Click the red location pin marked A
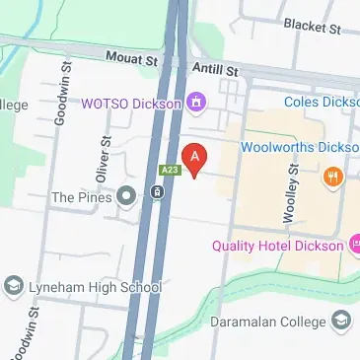(195, 158)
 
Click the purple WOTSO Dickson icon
(196, 102)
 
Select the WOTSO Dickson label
(132, 103)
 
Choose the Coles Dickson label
(321, 102)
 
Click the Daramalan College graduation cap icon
(341, 321)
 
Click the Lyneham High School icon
(14, 286)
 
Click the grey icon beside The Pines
(125, 197)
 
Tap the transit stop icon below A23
(158, 191)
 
